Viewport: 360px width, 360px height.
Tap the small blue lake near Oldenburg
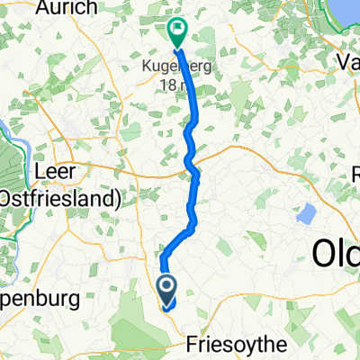(307, 214)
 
